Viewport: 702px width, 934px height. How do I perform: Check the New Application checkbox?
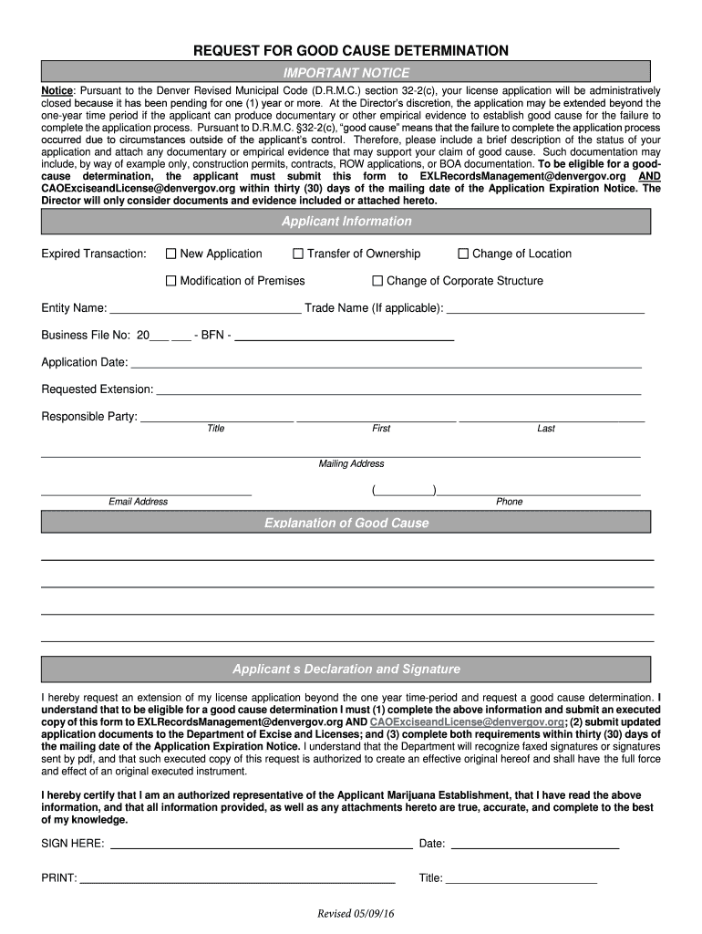click(170, 254)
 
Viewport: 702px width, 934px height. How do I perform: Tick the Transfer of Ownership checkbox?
click(297, 254)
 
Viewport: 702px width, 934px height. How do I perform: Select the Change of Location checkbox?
click(462, 254)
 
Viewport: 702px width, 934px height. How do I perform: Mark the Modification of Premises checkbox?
click(170, 281)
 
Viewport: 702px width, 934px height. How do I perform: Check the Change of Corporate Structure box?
click(377, 281)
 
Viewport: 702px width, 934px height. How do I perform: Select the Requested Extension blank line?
click(398, 390)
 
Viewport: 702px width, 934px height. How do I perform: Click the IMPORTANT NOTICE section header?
click(346, 73)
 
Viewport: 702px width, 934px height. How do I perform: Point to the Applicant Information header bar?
click(346, 222)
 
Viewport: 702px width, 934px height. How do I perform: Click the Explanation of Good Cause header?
click(346, 523)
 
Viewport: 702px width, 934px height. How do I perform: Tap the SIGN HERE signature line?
click(261, 844)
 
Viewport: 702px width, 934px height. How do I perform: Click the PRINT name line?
click(237, 879)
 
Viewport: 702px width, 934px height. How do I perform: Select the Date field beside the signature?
click(535, 844)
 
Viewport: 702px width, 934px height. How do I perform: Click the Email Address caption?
click(138, 502)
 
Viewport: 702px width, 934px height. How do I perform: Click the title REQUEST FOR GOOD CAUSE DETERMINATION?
click(350, 51)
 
